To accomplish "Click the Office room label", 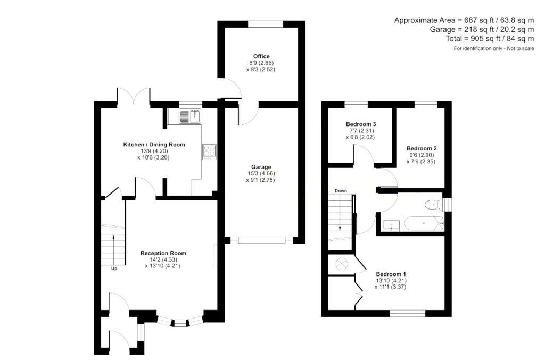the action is (x=261, y=56).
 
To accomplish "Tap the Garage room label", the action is (x=261, y=167).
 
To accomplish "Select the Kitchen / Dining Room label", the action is (x=154, y=145).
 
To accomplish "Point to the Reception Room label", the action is (x=163, y=253).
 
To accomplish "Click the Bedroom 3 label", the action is (x=361, y=124).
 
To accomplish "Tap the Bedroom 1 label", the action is (x=391, y=274).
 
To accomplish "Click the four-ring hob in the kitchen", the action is (x=209, y=152).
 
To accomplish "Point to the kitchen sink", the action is (x=191, y=116).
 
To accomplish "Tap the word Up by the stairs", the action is (x=114, y=269).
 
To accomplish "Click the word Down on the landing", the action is (x=341, y=190).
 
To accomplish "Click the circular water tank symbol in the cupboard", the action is (x=342, y=264).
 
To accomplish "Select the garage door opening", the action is (x=262, y=240).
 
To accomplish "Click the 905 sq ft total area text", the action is (x=490, y=38).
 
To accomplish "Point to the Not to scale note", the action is (x=521, y=48).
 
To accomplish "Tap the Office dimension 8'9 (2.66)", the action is (x=261, y=63).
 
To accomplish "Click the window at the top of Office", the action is (x=266, y=24).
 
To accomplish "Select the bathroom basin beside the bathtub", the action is (x=392, y=225).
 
